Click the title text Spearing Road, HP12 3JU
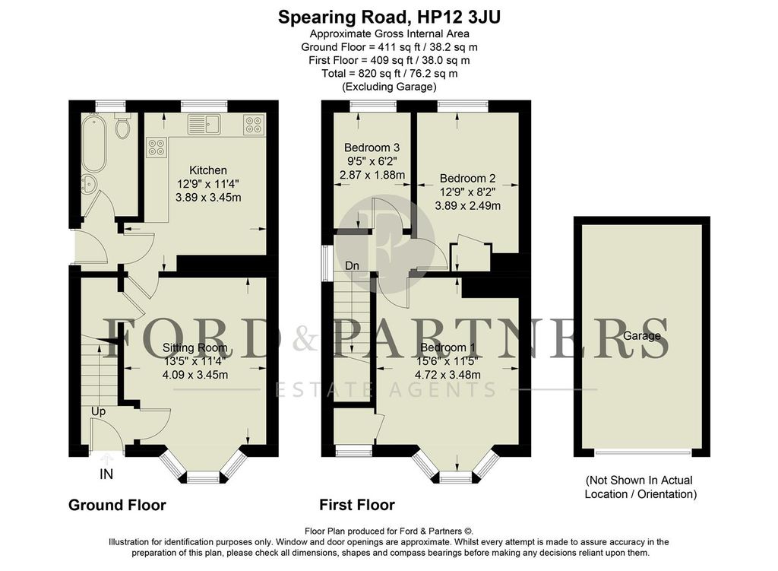pyautogui.click(x=388, y=16)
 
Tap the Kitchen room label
pyautogui.click(x=207, y=170)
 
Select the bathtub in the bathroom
pyautogui.click(x=94, y=143)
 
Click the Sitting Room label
pyautogui.click(x=195, y=348)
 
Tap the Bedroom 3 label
pyautogui.click(x=372, y=148)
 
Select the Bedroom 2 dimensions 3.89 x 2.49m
pyautogui.click(x=467, y=206)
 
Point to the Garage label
pyautogui.click(x=641, y=335)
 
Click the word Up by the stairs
pyautogui.click(x=98, y=411)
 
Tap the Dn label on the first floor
pyautogui.click(x=352, y=266)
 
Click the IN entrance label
pyautogui.click(x=106, y=475)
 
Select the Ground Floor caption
pyautogui.click(x=117, y=505)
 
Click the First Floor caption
pyautogui.click(x=356, y=505)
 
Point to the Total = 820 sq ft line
pyautogui.click(x=388, y=73)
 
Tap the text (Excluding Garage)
pyautogui.click(x=388, y=87)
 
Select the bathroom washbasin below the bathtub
pyautogui.click(x=89, y=183)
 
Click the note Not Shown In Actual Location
pyautogui.click(x=640, y=487)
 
